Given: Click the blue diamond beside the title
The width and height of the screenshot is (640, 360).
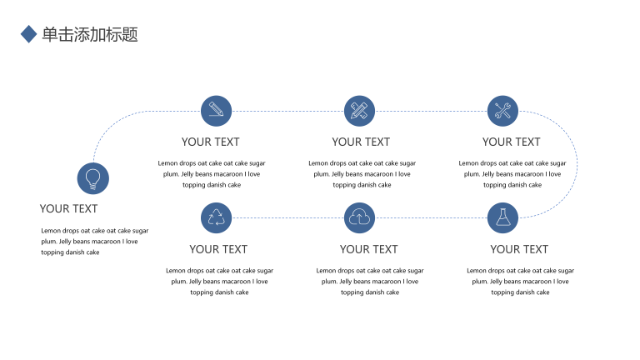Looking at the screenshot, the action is point(28,34).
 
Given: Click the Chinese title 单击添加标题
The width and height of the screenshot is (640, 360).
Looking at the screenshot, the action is point(90,34).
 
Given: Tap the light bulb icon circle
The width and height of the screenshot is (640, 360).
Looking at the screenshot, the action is point(93,178).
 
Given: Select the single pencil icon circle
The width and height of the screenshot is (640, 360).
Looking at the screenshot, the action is point(217,111).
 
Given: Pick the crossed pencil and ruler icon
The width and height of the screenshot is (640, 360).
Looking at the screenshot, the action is point(360,111).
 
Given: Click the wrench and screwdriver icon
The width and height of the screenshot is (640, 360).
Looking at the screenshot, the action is point(502,111).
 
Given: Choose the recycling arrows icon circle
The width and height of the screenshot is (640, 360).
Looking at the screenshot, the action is point(217,218).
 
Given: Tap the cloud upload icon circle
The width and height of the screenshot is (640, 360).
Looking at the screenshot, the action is point(360,218).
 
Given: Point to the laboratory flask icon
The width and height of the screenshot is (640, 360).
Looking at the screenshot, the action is point(502,218).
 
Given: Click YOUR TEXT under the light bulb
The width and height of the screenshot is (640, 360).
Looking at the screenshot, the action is point(68,208).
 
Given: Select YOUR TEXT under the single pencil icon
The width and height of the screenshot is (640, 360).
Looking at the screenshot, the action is point(211,142).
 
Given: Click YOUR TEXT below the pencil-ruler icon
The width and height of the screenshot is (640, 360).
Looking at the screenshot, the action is point(361,142).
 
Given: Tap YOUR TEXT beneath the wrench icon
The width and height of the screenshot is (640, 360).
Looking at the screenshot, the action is point(512,142).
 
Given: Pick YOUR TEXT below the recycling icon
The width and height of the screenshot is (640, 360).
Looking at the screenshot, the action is point(218,249).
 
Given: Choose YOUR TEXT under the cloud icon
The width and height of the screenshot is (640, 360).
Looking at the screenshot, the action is point(368,249).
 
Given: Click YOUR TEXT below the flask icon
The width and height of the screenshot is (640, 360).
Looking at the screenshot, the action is point(519,249).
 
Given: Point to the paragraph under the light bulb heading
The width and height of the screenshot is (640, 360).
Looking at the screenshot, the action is point(95,241).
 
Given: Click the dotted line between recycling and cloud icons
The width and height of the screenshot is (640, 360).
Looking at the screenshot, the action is point(287,218).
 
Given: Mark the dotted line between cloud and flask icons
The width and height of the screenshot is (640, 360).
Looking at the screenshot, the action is point(431,218).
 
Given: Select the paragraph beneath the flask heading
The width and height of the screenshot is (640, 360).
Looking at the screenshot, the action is point(520,281).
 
